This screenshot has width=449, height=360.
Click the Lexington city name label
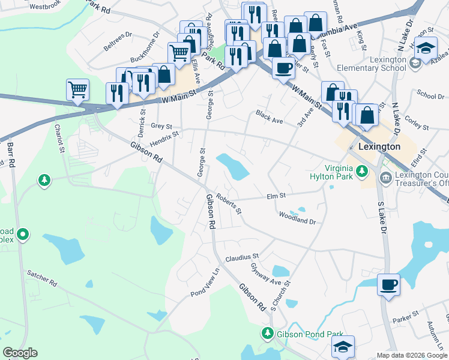coord(379,146)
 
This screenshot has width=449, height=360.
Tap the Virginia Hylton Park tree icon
coord(361,172)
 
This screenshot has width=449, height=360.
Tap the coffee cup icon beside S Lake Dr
coord(388,284)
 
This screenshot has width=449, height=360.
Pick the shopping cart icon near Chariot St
coord(77,91)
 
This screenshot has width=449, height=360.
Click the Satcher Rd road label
coord(41,277)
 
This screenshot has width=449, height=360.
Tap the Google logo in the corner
coord(20,353)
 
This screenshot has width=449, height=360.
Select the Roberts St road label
coord(229,205)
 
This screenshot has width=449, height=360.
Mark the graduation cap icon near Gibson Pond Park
coord(343,346)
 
